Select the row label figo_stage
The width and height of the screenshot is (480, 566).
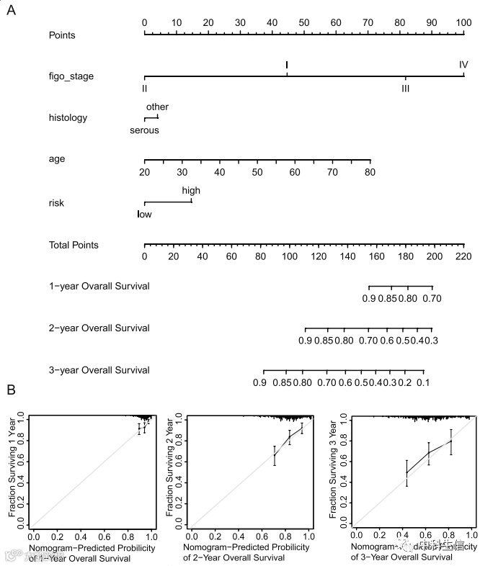tap(71, 76)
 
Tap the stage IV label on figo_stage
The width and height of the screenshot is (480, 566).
tap(463, 65)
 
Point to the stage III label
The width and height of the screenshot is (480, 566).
tap(406, 89)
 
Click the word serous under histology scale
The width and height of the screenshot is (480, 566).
tap(144, 130)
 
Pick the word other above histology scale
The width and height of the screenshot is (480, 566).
tap(157, 107)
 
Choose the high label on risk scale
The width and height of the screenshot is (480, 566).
tap(191, 191)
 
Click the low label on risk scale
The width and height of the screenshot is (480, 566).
tap(144, 214)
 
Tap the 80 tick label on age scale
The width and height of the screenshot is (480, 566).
tap(370, 172)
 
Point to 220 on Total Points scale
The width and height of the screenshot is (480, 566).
tap(463, 257)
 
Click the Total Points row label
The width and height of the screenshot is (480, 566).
tap(74, 245)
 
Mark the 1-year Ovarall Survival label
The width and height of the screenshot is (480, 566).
tap(99, 286)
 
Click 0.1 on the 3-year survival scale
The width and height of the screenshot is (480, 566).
tap(424, 382)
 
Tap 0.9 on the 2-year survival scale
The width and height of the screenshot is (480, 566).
tap(306, 341)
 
